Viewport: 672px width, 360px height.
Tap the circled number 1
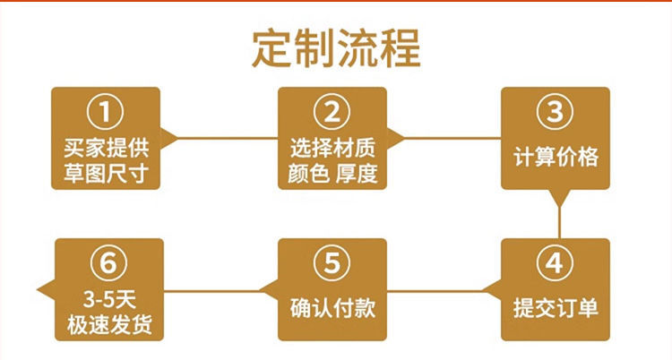pos(106,113)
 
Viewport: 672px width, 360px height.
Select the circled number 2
pos(332,113)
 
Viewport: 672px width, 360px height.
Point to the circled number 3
pos(556,114)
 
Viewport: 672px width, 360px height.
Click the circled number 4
pos(555,264)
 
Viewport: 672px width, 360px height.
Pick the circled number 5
pos(332,264)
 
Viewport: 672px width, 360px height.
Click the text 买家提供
pos(106,144)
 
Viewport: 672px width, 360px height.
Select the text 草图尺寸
pos(106,170)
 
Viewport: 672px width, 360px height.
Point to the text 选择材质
pos(332,144)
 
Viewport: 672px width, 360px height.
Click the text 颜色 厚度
pos(332,170)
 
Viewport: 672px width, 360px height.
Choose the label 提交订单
pos(556,309)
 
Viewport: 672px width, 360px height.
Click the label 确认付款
pos(332,309)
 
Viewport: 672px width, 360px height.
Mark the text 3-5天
pos(107,296)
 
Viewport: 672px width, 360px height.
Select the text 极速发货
pos(107,322)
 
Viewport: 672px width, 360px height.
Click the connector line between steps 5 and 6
pos(220,289)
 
